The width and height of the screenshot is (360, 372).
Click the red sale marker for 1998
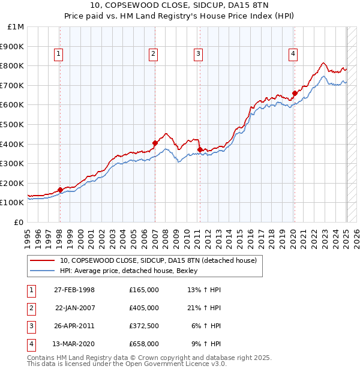tap(60, 190)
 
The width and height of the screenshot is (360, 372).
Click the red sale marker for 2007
tap(155, 143)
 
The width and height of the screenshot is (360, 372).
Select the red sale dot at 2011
tap(199, 149)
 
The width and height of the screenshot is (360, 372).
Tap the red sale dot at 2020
tap(295, 93)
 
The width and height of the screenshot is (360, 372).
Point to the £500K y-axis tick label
tap(12, 124)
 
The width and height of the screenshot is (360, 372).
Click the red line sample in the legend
tap(42, 260)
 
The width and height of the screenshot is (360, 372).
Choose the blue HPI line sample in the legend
tap(42, 271)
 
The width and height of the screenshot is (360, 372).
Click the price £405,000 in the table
tap(144, 308)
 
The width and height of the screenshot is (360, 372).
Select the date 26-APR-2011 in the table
tap(74, 326)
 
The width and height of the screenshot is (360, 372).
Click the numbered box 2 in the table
tap(31, 308)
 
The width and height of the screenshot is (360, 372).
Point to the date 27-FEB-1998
tap(74, 290)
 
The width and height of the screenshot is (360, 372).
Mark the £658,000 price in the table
tap(144, 344)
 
